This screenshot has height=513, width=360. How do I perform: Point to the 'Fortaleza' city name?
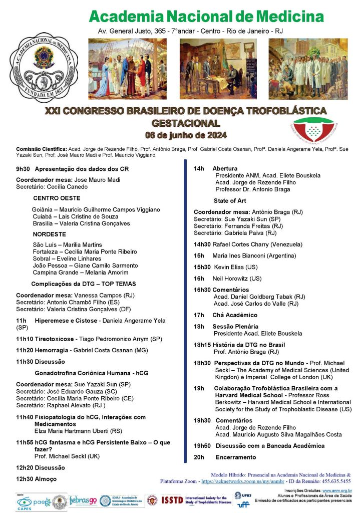point(46,251)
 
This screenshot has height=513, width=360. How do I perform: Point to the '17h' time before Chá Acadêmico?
point(199,315)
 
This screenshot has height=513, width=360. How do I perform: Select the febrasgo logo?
point(83,500)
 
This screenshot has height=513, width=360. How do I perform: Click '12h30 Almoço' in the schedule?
point(36,479)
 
